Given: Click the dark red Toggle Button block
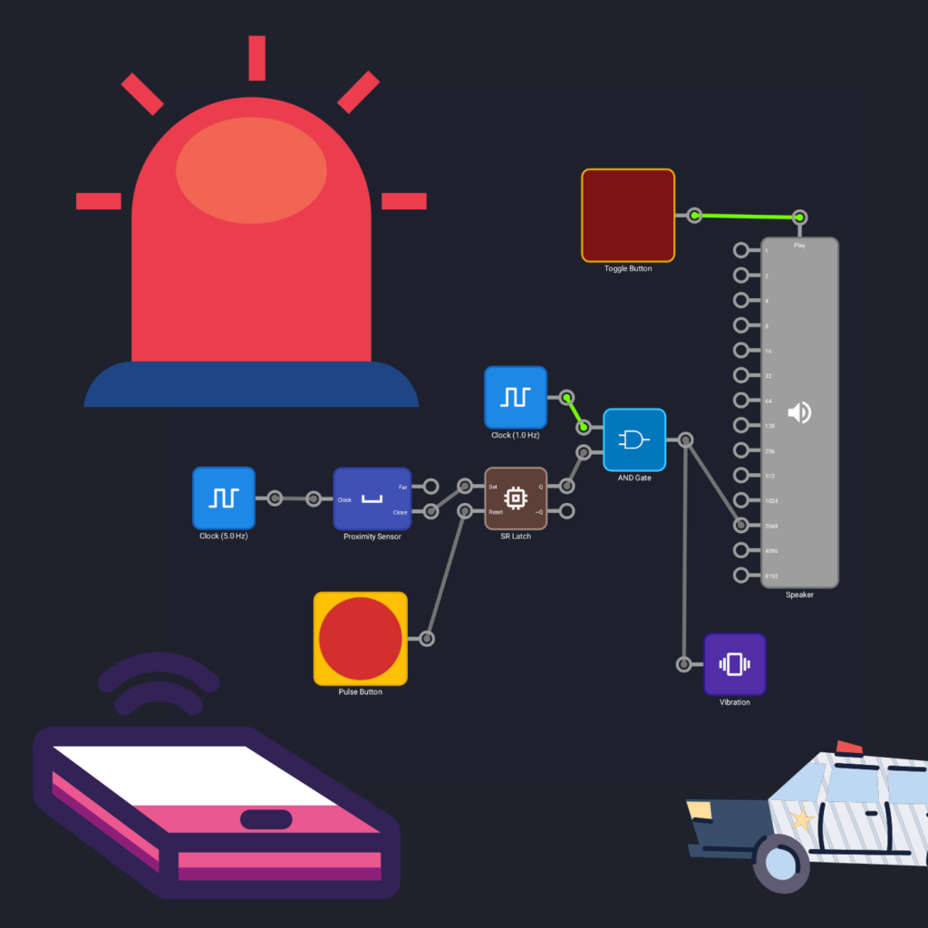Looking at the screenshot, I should click(628, 216).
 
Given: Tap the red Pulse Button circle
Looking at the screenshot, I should click(361, 639).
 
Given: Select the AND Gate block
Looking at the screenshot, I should click(634, 440).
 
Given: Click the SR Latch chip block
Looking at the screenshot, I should click(516, 498).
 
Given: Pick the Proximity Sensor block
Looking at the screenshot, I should click(372, 498).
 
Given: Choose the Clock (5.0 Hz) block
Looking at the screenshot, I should click(223, 498).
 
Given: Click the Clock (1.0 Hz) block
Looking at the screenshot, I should click(515, 397).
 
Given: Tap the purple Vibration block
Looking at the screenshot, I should click(734, 664).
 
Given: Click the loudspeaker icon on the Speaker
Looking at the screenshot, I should click(798, 413).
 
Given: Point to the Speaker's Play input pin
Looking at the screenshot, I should click(799, 217).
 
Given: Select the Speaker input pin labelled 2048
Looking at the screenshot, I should click(741, 525).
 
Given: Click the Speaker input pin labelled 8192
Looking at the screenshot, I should click(741, 575).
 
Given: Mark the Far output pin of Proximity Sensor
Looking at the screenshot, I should click(431, 487).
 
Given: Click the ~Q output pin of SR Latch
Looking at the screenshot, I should click(566, 511).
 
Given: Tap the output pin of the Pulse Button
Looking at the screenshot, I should click(427, 639).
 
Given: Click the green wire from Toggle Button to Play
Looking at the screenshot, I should click(747, 217).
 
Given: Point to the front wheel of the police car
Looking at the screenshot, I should click(780, 864).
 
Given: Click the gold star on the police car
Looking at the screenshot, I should click(800, 821).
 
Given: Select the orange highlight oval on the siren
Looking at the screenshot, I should click(251, 169).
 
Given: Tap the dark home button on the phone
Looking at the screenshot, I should click(266, 819).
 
